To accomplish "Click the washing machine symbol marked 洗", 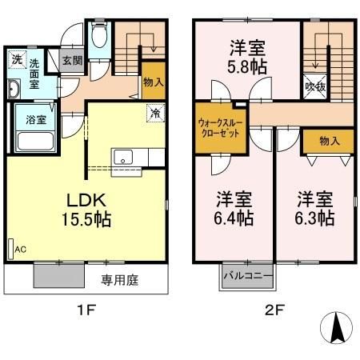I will tap(16, 58).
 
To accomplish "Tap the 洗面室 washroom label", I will tap(36, 73).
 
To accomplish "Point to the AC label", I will tap(19, 250).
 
